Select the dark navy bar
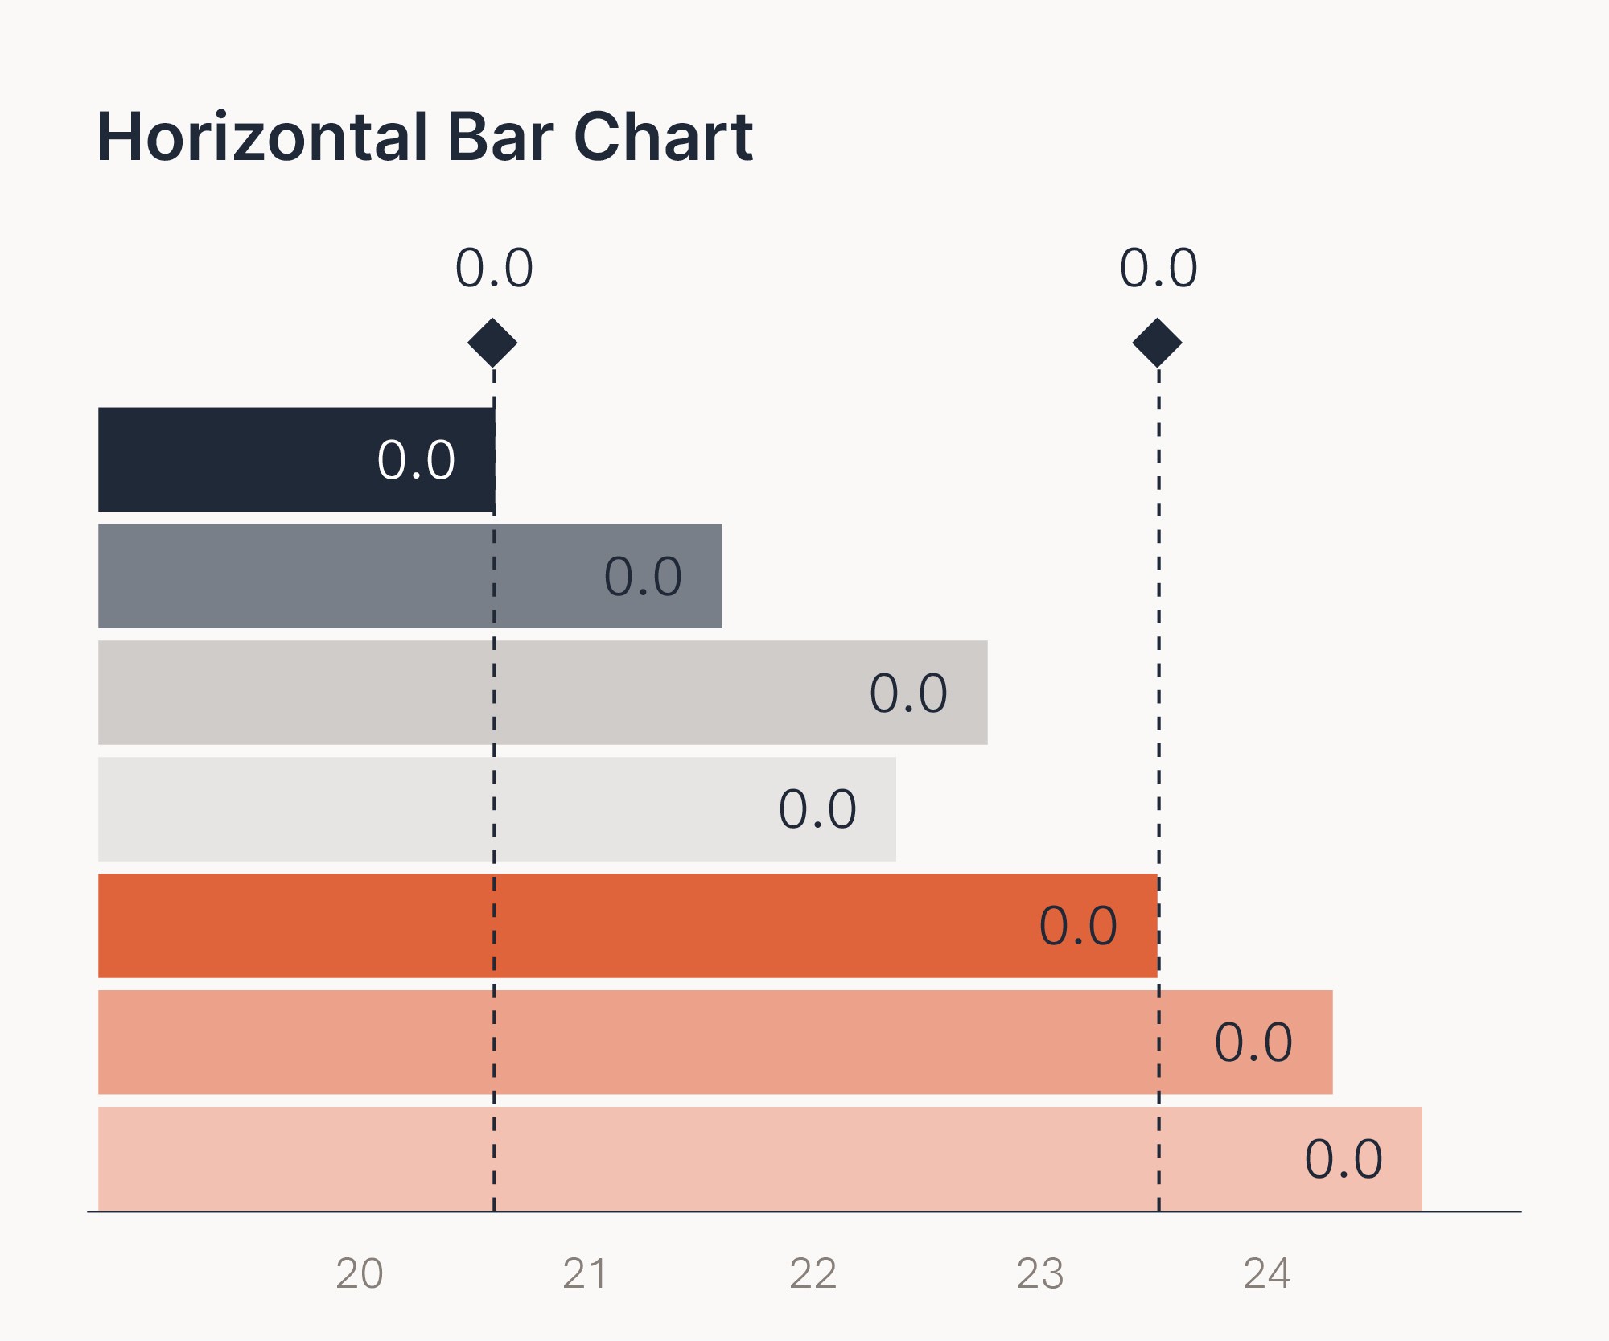pyautogui.click(x=296, y=459)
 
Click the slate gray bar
pyautogui.click(x=409, y=576)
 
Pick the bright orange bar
pyautogui.click(x=628, y=926)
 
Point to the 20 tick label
pyautogui.click(x=359, y=1273)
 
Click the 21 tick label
pyautogui.click(x=585, y=1273)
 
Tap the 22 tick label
pyautogui.click(x=813, y=1273)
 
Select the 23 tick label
pyautogui.click(x=1039, y=1273)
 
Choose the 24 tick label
pyautogui.click(x=1266, y=1273)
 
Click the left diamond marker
pyautogui.click(x=492, y=343)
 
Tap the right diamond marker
pyautogui.click(x=1157, y=343)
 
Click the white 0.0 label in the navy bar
pyautogui.click(x=416, y=460)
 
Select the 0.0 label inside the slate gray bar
pyautogui.click(x=643, y=577)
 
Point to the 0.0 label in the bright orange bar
pyautogui.click(x=1078, y=926)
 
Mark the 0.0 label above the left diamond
pyautogui.click(x=494, y=268)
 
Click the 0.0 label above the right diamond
pyautogui.click(x=1158, y=268)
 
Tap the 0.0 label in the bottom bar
pyautogui.click(x=1344, y=1159)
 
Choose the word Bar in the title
pyautogui.click(x=500, y=137)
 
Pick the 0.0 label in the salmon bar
pyautogui.click(x=1253, y=1043)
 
